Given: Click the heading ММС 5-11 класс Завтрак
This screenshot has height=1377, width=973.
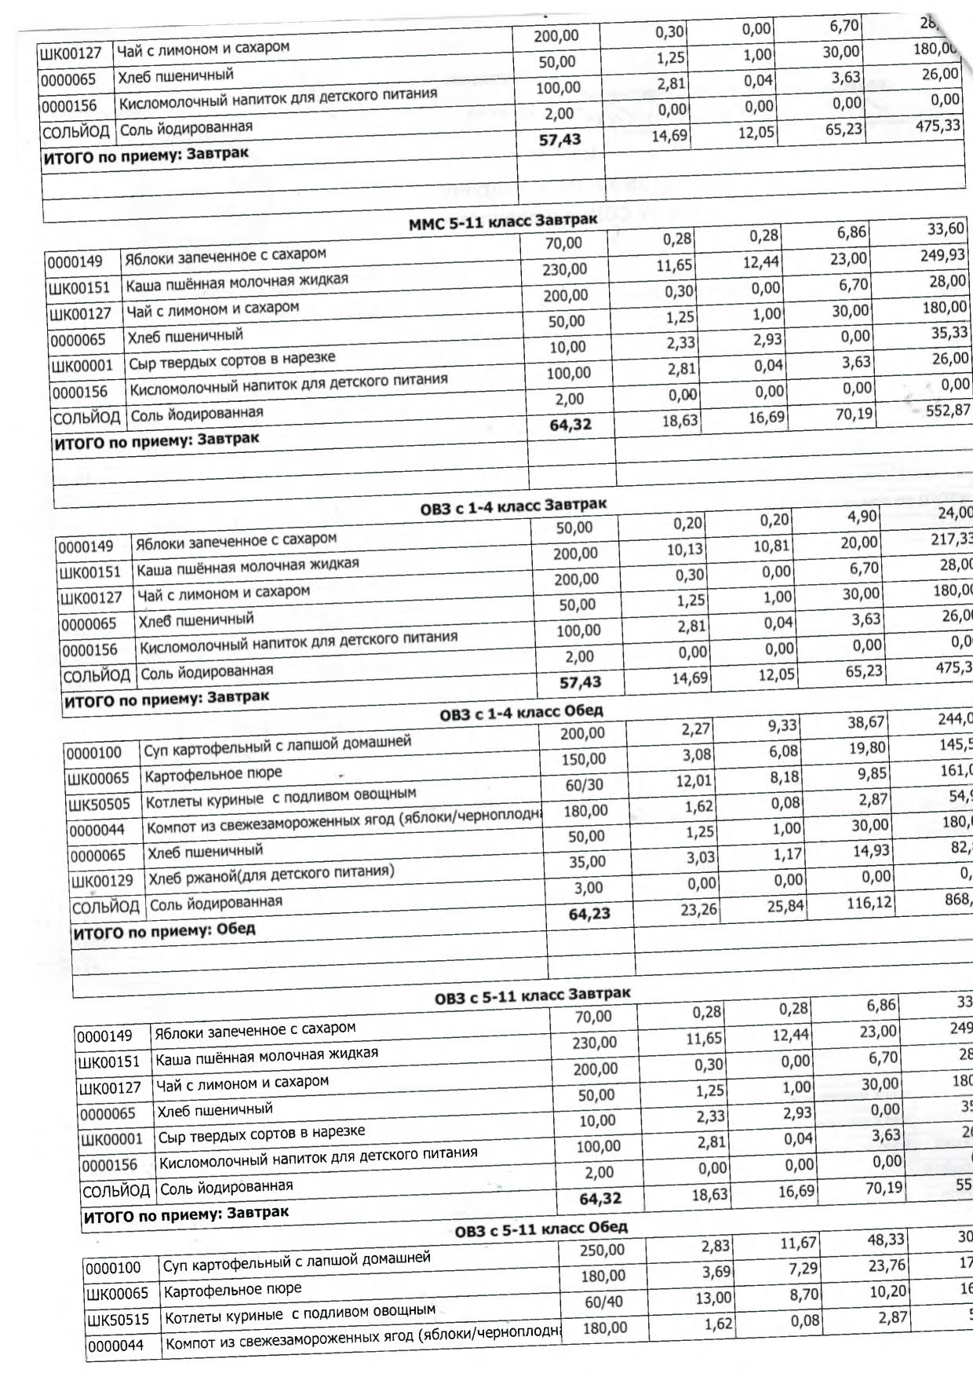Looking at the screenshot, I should pos(502,221).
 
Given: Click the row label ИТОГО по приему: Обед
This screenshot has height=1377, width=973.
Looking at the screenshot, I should pos(164,932).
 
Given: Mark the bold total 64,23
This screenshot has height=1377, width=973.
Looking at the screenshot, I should pos(589,913).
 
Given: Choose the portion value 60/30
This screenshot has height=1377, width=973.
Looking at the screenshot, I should pos(585,784).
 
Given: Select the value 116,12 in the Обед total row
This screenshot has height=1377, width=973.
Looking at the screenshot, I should pos(869,903).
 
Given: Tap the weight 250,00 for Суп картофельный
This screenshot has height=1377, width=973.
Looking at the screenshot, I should pos(602,1250).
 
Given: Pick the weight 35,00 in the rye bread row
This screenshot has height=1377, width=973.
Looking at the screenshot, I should pos(587,861).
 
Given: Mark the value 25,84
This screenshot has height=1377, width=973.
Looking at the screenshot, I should pos(785,906).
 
